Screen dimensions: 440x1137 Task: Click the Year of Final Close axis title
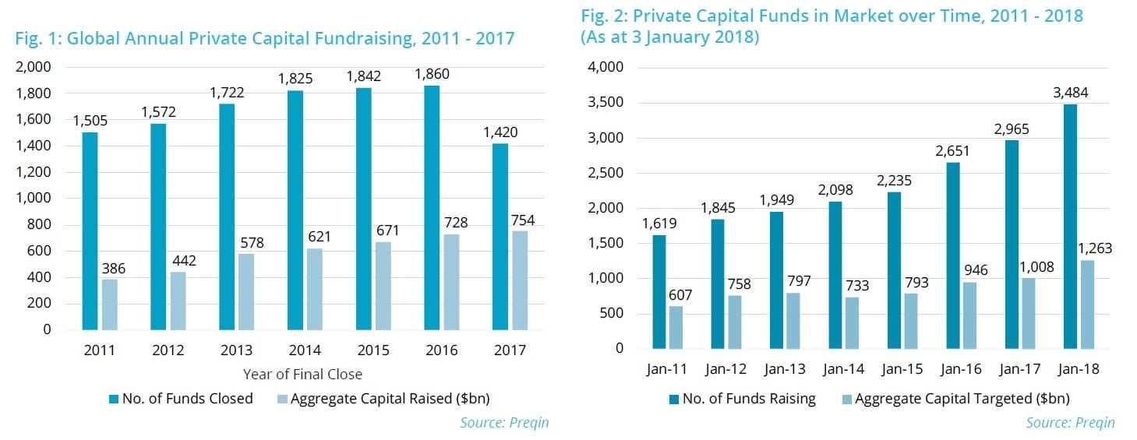(x=302, y=375)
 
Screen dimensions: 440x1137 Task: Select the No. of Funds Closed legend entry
(x=181, y=399)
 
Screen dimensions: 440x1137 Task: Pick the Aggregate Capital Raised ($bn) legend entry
(x=383, y=399)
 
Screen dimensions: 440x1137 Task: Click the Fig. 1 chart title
(x=265, y=38)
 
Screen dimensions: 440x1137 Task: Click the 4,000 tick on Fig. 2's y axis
(x=608, y=68)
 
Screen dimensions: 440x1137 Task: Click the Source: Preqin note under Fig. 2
(x=1070, y=422)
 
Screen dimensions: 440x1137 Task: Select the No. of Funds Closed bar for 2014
(x=295, y=209)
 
